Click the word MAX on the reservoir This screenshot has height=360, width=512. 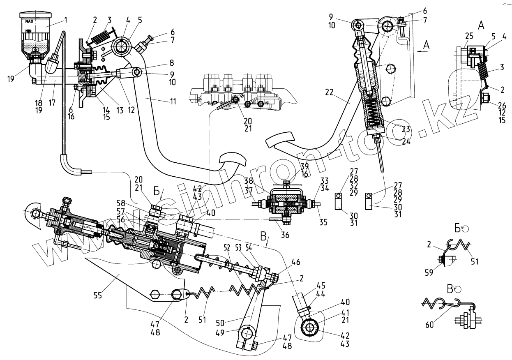coord(29,21)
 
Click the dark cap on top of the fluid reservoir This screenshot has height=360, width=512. coord(36,15)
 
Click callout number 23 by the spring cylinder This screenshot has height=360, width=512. coord(406,129)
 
